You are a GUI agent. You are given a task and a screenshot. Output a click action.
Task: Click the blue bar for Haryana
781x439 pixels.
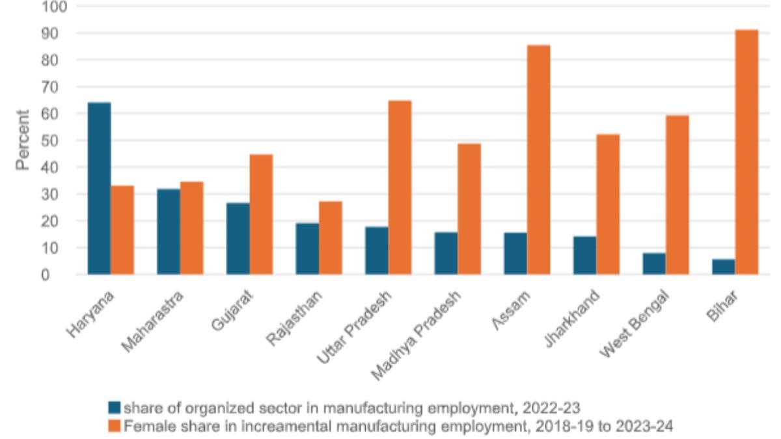pyautogui.click(x=99, y=189)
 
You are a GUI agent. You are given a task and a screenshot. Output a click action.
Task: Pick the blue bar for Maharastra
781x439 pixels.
pyautogui.click(x=169, y=232)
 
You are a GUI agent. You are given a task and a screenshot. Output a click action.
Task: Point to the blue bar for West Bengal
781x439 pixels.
pyautogui.click(x=654, y=263)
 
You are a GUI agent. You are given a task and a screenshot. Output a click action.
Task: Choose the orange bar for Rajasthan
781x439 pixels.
pyautogui.click(x=330, y=238)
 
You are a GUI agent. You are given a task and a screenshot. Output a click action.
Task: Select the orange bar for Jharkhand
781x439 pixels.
pyautogui.click(x=608, y=204)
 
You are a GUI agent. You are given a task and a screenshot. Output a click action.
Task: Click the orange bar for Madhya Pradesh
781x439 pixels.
pyautogui.click(x=469, y=209)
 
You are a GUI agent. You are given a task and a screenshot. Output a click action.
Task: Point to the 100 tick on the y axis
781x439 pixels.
pyautogui.click(x=55, y=7)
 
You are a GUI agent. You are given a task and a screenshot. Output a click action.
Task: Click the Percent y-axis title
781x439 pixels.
pyautogui.click(x=23, y=140)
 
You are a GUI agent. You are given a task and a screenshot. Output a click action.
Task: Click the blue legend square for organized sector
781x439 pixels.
pyautogui.click(x=114, y=408)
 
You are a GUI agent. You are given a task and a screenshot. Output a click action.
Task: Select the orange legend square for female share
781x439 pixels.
pyautogui.click(x=114, y=426)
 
